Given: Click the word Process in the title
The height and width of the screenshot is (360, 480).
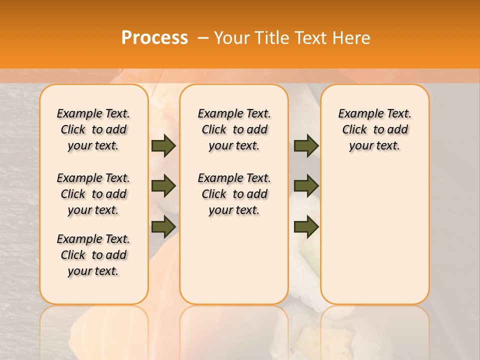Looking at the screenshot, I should (154, 37).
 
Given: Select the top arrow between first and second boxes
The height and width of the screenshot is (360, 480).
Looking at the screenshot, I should (163, 146).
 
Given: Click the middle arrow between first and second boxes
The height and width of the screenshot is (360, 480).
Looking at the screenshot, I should (163, 186).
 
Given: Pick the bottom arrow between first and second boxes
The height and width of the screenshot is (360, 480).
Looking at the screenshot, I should (163, 226).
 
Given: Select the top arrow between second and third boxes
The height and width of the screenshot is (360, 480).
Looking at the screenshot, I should (306, 146).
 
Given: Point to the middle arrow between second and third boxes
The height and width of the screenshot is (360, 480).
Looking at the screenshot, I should (306, 186).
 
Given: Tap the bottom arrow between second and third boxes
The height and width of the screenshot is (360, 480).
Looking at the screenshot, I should (306, 226).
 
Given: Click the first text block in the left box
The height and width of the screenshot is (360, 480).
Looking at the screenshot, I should (93, 129).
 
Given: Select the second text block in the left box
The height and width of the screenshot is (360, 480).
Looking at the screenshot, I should (93, 194).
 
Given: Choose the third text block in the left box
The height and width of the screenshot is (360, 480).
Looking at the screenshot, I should (93, 255).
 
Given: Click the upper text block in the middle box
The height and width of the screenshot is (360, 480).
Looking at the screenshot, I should (234, 129).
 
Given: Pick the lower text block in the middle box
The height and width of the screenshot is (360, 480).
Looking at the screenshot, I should (234, 194).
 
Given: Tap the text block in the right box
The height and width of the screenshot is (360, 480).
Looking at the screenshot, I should (375, 129).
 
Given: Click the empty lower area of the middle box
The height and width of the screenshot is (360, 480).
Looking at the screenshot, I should (234, 260).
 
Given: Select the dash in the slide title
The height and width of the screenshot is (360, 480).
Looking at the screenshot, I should (203, 37).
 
